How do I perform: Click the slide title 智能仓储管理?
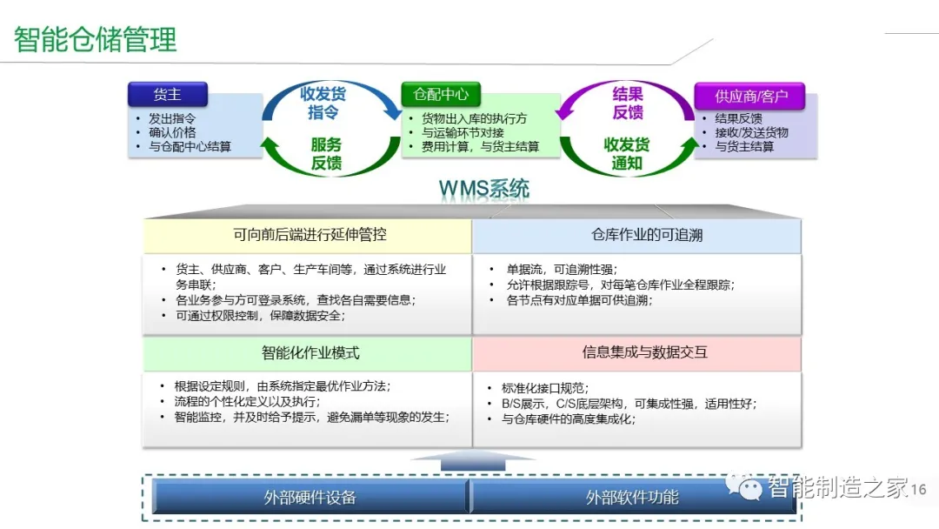pyautogui.click(x=96, y=39)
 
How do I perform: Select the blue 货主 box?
pyautogui.click(x=167, y=94)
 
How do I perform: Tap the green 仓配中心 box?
pyautogui.click(x=441, y=94)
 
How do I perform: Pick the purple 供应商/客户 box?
pyautogui.click(x=749, y=96)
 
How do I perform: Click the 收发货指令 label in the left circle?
pyautogui.click(x=323, y=103)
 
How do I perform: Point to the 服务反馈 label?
pyautogui.click(x=326, y=153)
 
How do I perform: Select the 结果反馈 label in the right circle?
pyautogui.click(x=628, y=103)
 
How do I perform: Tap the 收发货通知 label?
pyautogui.click(x=626, y=153)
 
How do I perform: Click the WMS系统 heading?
pyautogui.click(x=483, y=189)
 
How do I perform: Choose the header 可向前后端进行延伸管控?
pyautogui.click(x=310, y=235)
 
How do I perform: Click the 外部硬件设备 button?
pyautogui.click(x=310, y=498)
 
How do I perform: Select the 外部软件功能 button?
pyautogui.click(x=632, y=498)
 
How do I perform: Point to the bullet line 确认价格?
pyautogui.click(x=172, y=133)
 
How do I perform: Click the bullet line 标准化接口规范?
pyautogui.click(x=545, y=388)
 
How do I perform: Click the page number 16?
pyautogui.click(x=918, y=490)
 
